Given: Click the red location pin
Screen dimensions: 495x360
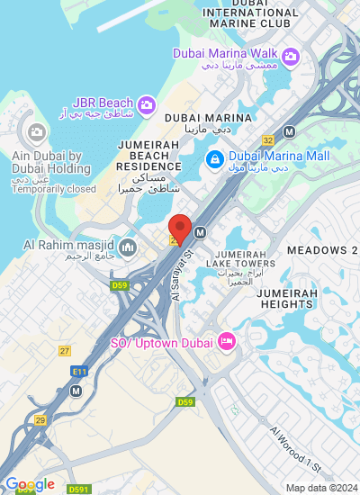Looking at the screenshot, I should pos(180,229).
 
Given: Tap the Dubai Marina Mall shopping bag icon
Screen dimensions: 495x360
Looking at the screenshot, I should pos(214,160).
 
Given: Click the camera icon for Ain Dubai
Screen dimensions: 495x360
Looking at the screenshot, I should pos(37,132).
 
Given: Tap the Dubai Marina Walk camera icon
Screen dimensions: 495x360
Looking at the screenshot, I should pos(290,58).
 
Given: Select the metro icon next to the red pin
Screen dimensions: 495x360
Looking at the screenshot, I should pos(200,231).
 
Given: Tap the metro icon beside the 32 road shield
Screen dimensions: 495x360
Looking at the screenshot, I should pos(289,130).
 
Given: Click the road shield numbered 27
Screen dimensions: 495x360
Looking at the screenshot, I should pos(65,350).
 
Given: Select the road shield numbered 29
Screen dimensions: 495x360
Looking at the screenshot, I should pos(40,420).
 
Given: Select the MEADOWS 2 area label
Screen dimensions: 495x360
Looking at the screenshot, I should pos(321,249).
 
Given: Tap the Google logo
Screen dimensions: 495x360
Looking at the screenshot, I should pos(29,485).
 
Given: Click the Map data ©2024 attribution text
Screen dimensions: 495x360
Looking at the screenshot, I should pos(320,488).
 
